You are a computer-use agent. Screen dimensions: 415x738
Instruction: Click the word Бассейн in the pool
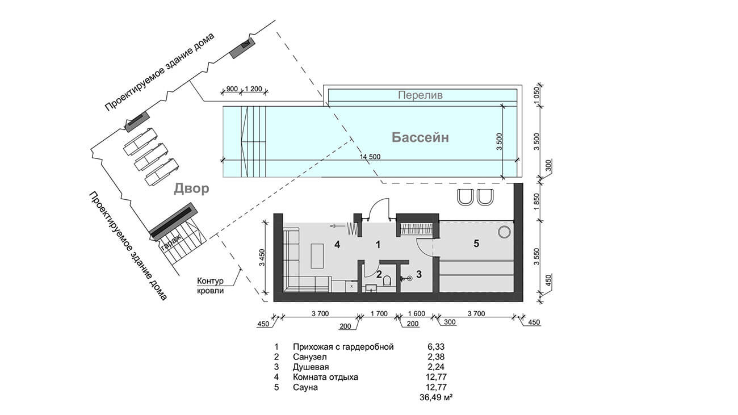click(x=420, y=137)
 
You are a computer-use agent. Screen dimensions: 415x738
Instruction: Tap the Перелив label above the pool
click(x=420, y=95)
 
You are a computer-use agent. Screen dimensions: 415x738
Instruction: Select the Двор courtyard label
click(x=191, y=188)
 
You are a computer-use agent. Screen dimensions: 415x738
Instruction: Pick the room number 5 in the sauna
click(x=476, y=244)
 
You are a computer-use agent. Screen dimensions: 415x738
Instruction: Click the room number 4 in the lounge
click(x=337, y=245)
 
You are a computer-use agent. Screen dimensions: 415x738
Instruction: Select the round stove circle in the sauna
click(x=504, y=232)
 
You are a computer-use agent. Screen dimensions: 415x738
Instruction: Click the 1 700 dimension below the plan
click(x=379, y=313)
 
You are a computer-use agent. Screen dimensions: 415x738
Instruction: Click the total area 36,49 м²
click(x=435, y=397)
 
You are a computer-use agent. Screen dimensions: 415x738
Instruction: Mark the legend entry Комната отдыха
click(x=325, y=377)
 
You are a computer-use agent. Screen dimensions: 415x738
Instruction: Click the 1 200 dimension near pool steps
click(x=253, y=89)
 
